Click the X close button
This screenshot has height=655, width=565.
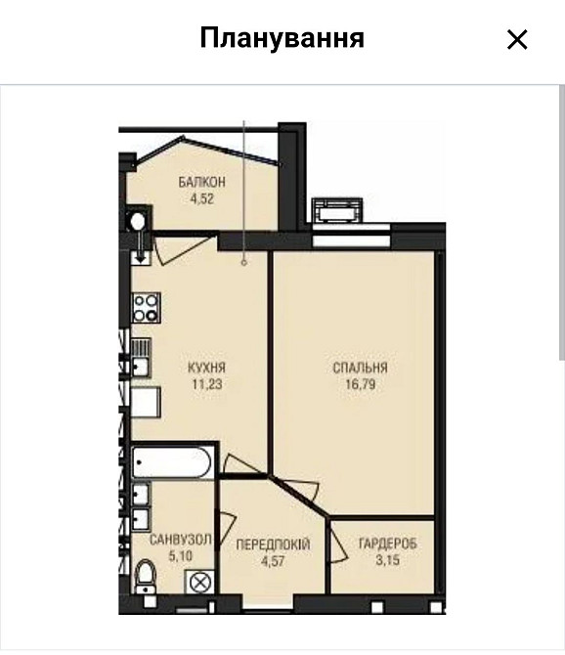click(x=517, y=40)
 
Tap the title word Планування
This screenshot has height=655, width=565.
click(x=282, y=38)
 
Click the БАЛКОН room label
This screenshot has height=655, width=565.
click(x=202, y=182)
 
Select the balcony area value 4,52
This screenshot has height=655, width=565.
click(x=202, y=198)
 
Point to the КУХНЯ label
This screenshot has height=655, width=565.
click(x=206, y=368)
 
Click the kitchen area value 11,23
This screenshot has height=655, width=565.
click(x=207, y=384)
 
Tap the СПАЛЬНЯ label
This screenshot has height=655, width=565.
click(x=360, y=368)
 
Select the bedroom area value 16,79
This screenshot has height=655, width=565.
click(x=361, y=384)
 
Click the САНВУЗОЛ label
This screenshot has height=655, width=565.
click(x=181, y=540)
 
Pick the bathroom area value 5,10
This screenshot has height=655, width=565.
click(x=181, y=556)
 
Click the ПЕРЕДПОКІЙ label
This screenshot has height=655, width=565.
click(x=273, y=545)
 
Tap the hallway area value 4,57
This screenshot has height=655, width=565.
click(x=273, y=561)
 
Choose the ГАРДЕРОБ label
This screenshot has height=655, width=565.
click(x=388, y=544)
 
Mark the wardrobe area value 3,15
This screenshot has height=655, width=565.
click(x=388, y=560)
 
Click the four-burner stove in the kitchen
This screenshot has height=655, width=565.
click(x=147, y=308)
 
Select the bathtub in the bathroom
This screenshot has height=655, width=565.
click(x=172, y=462)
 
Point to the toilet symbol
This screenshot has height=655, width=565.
click(x=146, y=577)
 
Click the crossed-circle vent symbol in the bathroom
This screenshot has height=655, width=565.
click(x=200, y=582)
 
